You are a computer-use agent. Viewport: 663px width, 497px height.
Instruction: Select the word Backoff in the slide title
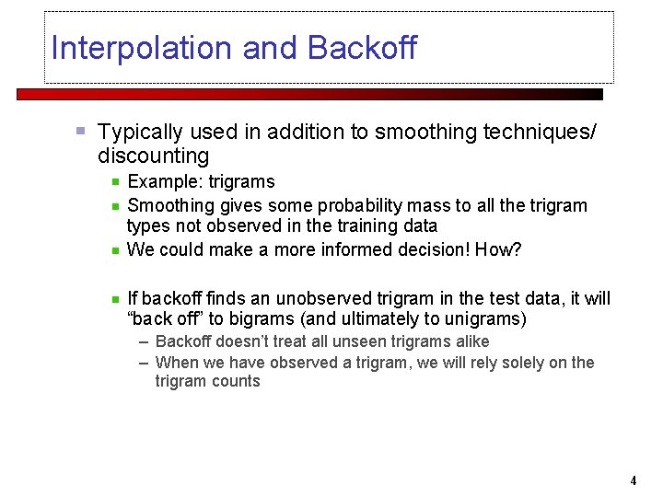[362, 48]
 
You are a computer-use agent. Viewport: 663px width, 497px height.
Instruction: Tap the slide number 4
[634, 480]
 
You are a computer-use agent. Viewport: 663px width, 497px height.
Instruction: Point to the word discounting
[153, 156]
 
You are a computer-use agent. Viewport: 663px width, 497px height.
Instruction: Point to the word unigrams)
[480, 319]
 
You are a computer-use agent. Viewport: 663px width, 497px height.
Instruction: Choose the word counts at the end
[238, 381]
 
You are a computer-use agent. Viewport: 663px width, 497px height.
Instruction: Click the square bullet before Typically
[81, 132]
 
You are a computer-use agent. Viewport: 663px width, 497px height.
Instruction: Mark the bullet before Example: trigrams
[115, 182]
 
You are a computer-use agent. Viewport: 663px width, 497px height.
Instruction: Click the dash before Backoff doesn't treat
[145, 341]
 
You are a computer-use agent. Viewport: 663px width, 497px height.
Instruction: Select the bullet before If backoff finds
[115, 298]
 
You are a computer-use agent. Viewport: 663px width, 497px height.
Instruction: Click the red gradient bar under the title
[309, 94]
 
